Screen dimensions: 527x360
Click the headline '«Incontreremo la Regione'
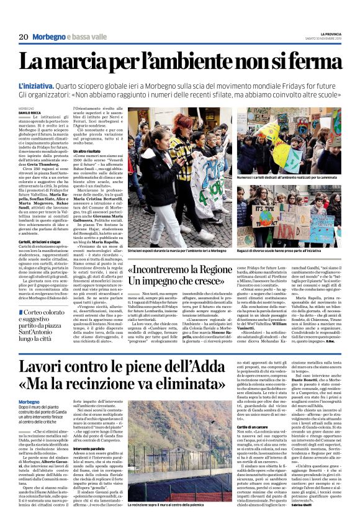[182, 270]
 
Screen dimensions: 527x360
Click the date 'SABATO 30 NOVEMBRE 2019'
[331, 38]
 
